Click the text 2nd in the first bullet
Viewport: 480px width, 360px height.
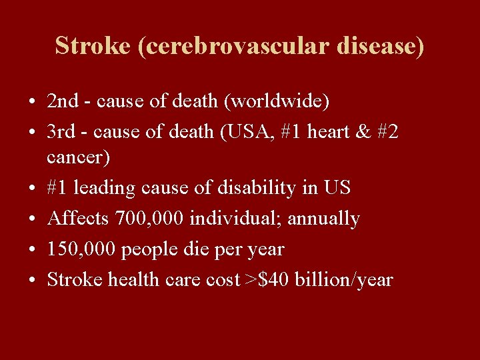click(63, 102)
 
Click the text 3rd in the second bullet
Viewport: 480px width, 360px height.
click(62, 133)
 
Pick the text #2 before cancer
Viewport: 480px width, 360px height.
click(389, 133)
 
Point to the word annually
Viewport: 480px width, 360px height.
click(323, 219)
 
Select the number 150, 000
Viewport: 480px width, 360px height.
click(81, 249)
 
